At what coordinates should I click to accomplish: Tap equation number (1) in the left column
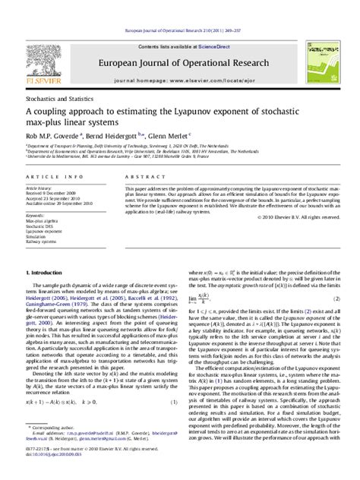point(174,423)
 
